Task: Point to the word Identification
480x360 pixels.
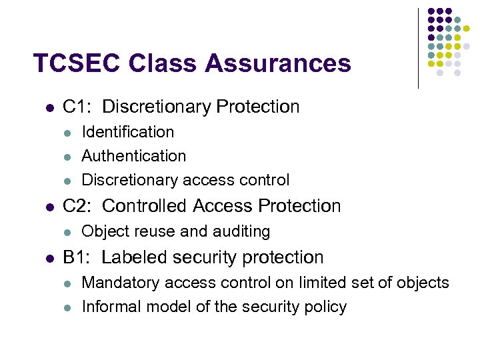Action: click(x=127, y=132)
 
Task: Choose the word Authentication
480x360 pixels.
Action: click(x=133, y=156)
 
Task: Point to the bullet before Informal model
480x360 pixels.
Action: click(x=67, y=308)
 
